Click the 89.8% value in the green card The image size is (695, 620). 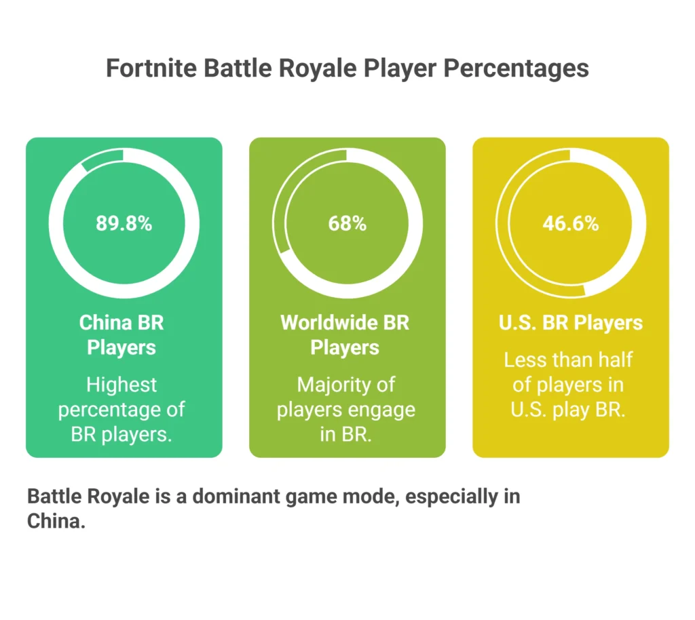click(124, 223)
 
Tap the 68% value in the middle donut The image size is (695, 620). click(347, 223)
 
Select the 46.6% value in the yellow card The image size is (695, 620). click(570, 223)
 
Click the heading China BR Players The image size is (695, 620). click(122, 334)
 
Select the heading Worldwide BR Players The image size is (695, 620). click(345, 334)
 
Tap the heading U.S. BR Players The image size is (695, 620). click(570, 322)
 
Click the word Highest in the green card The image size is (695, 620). click(121, 385)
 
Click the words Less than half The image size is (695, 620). click(569, 360)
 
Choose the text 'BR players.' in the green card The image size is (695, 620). click(121, 435)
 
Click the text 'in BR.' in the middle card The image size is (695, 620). click(345, 435)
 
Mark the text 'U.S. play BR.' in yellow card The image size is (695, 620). click(569, 410)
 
